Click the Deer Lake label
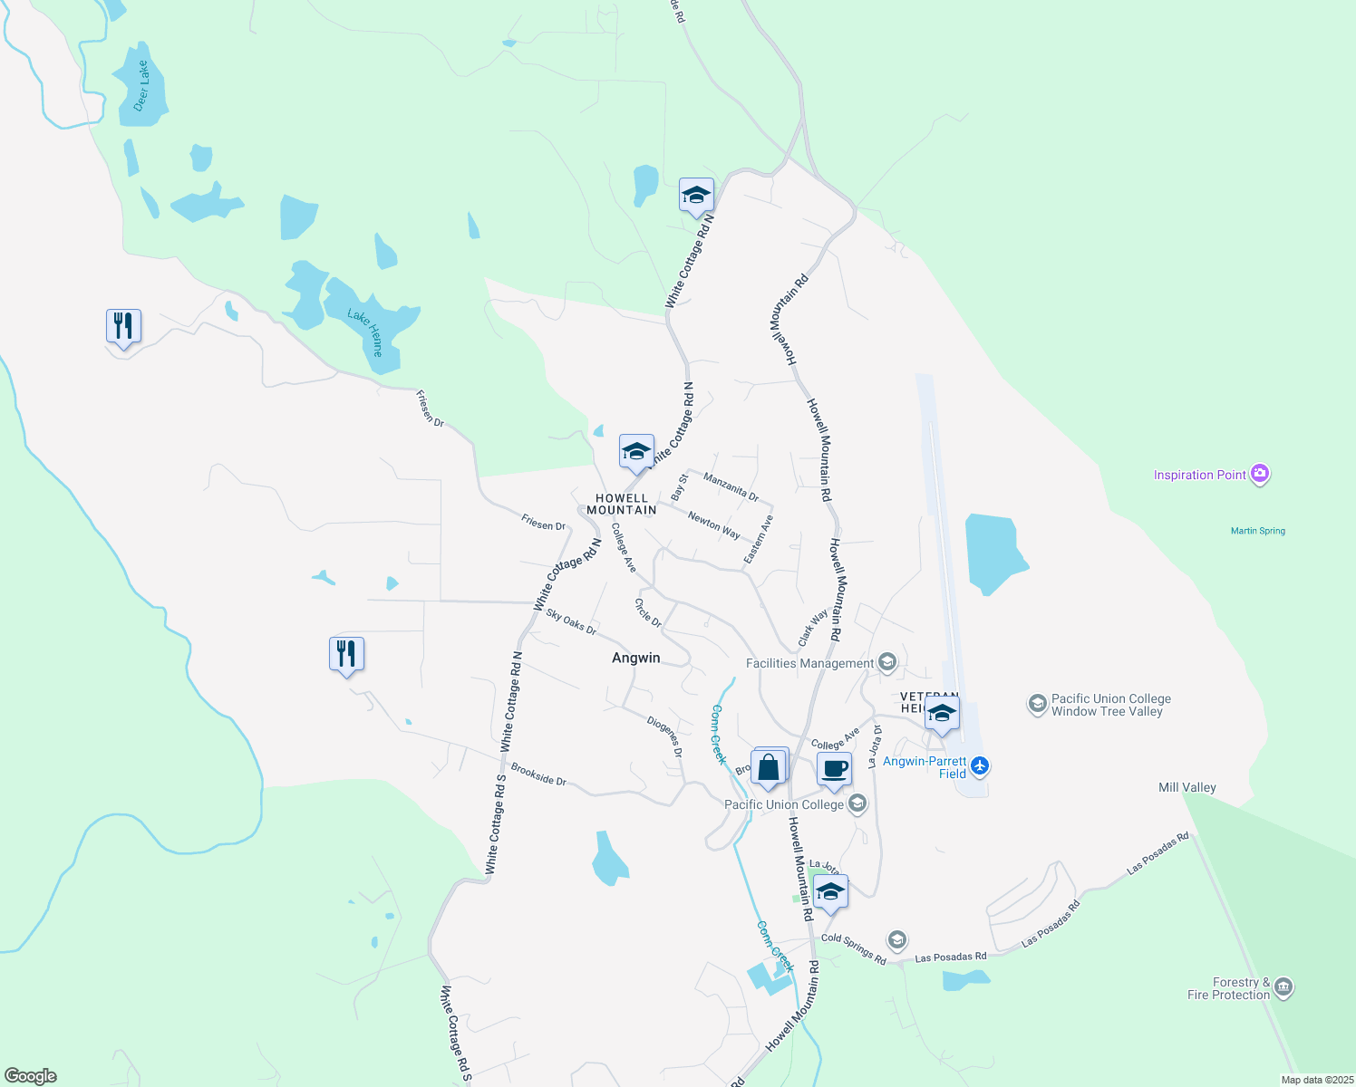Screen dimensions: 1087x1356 pyautogui.click(x=141, y=86)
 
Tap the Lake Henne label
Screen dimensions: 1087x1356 pyautogui.click(x=366, y=332)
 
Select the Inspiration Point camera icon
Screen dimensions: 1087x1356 pyautogui.click(x=1259, y=474)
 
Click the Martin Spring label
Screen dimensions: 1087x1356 pyautogui.click(x=1257, y=531)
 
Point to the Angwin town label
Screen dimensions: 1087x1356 pyautogui.click(x=635, y=658)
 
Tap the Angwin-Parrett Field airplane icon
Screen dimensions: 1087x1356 pyautogui.click(x=979, y=766)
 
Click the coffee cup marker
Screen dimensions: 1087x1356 pyautogui.click(x=834, y=770)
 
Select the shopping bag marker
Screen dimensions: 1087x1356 pyautogui.click(x=769, y=768)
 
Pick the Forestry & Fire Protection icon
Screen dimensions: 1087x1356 pyautogui.click(x=1283, y=987)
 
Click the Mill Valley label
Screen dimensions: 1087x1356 pyautogui.click(x=1186, y=787)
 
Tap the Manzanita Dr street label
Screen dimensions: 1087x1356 pyautogui.click(x=731, y=486)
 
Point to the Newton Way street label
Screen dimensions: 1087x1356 pyautogui.click(x=713, y=524)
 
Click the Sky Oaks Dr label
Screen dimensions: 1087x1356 pyautogui.click(x=571, y=621)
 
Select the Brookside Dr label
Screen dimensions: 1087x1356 pyautogui.click(x=538, y=774)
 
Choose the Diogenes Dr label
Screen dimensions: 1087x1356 pyautogui.click(x=664, y=736)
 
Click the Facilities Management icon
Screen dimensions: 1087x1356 pyautogui.click(x=887, y=663)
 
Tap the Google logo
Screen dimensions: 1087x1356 pyautogui.click(x=31, y=1076)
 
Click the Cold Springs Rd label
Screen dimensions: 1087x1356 pyautogui.click(x=853, y=948)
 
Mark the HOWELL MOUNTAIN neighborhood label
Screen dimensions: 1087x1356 pyautogui.click(x=621, y=504)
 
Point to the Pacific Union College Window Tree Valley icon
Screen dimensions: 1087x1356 pyautogui.click(x=1037, y=704)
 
